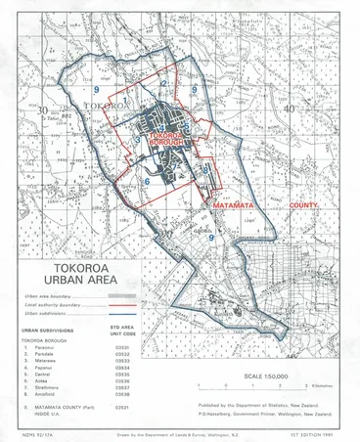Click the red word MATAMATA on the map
tap(237, 206)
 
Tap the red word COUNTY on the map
tap(306, 206)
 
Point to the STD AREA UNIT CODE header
tap(122, 331)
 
